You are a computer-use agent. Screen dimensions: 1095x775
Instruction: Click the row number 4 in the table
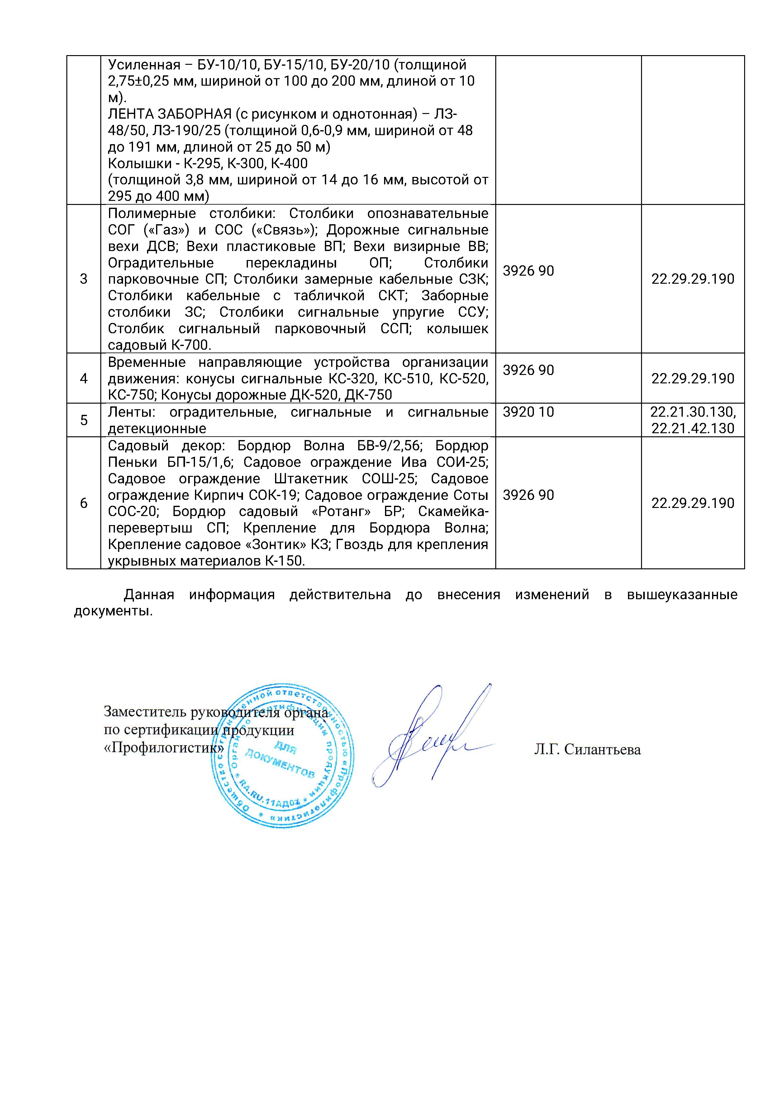[83, 378]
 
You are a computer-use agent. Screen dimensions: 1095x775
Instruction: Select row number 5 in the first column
[83, 420]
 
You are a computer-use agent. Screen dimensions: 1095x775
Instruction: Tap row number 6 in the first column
[83, 503]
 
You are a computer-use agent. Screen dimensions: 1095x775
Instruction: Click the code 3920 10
[528, 412]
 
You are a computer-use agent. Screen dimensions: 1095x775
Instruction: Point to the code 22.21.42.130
[692, 428]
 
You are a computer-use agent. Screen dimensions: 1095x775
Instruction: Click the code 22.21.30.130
[692, 412]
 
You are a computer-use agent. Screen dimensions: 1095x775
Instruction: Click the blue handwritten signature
[430, 735]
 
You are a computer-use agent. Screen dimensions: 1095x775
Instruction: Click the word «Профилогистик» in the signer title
[164, 748]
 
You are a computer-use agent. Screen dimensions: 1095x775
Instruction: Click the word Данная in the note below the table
[149, 595]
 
